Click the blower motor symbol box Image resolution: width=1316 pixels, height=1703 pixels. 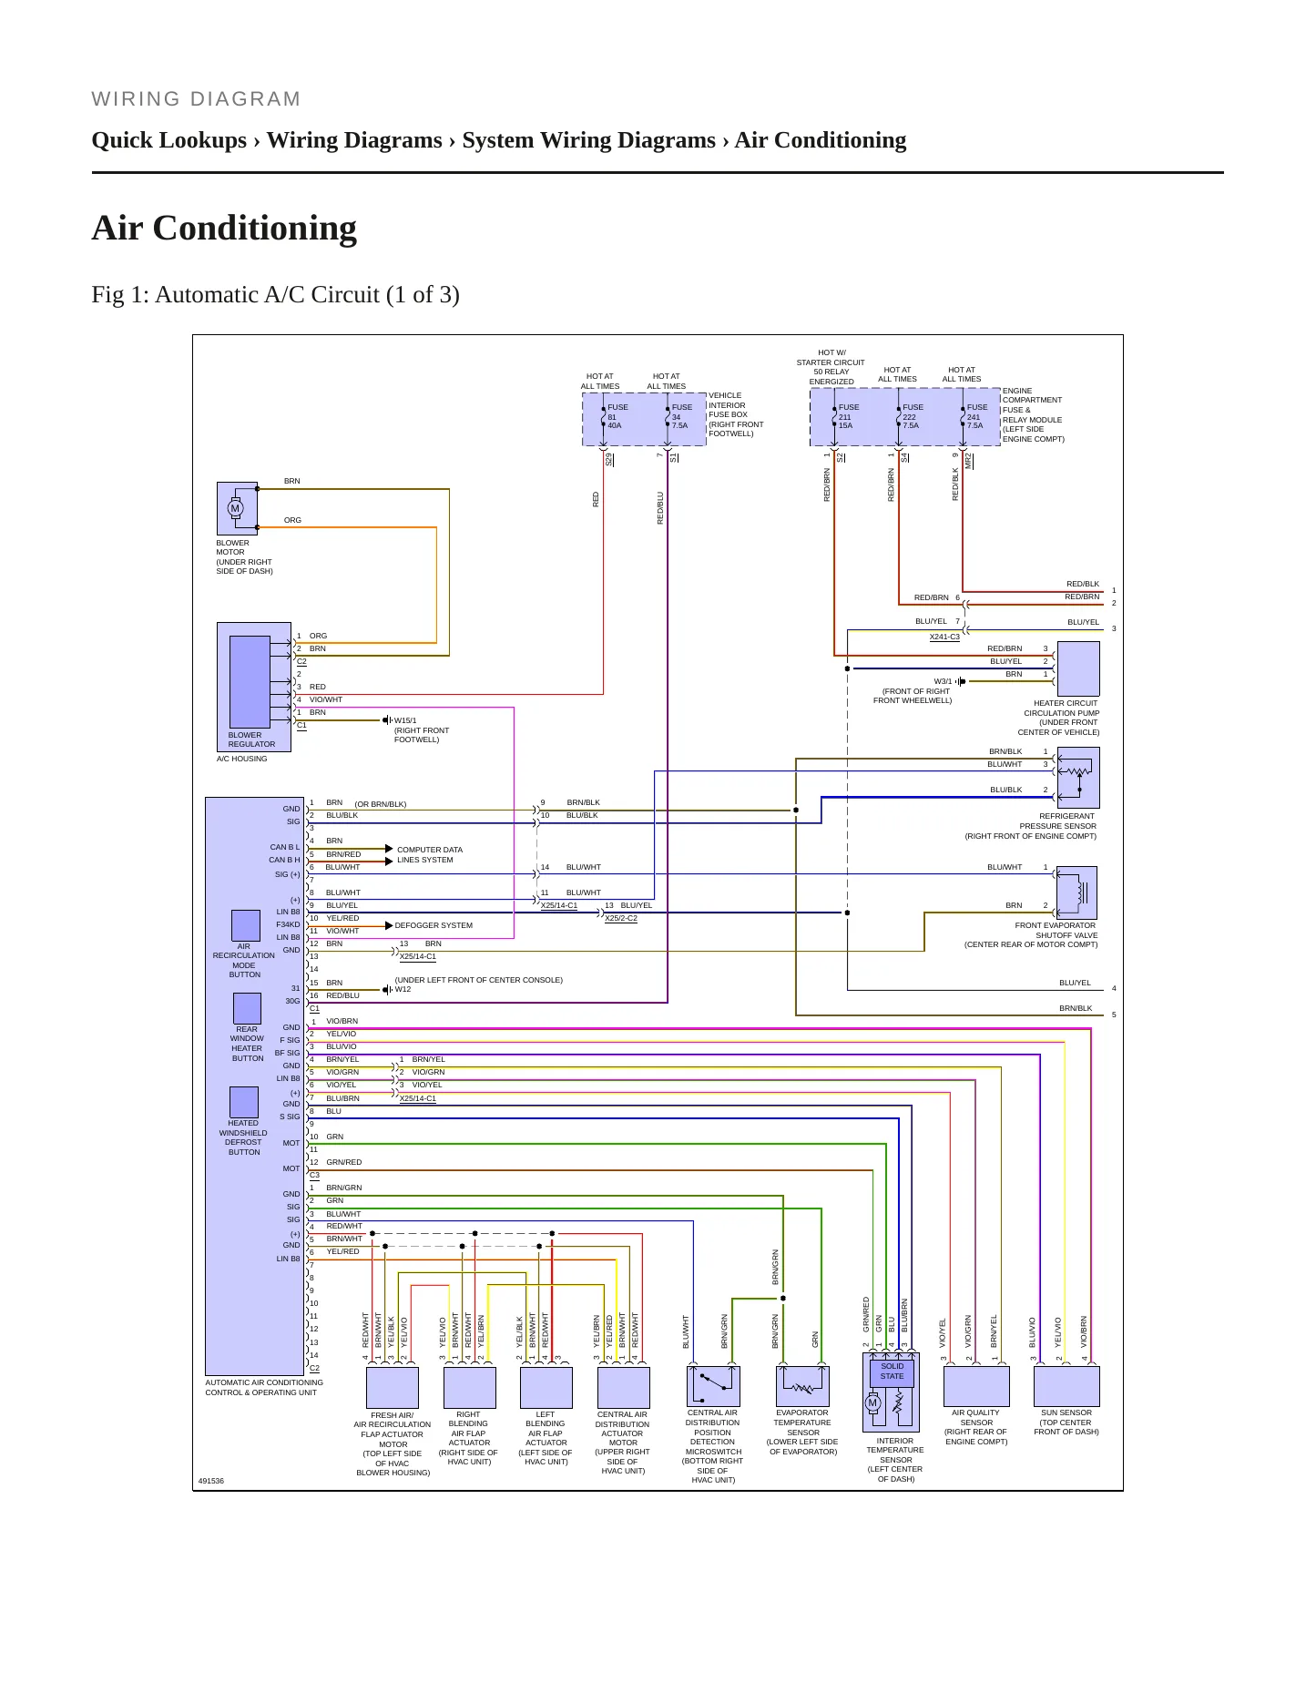[237, 508]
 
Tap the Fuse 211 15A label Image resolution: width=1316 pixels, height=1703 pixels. [849, 416]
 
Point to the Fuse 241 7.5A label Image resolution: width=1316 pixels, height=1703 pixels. [976, 416]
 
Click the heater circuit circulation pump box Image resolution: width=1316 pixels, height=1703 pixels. [1078, 668]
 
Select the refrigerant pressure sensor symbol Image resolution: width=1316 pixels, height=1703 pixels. [1077, 777]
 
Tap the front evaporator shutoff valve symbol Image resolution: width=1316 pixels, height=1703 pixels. [1076, 892]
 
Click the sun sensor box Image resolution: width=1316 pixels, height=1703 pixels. [1066, 1386]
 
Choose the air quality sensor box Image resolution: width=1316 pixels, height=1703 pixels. [976, 1386]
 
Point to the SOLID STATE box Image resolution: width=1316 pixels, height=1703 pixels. [892, 1372]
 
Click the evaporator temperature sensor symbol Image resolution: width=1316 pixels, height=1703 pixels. [802, 1386]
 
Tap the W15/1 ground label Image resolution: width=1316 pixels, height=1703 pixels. [405, 720]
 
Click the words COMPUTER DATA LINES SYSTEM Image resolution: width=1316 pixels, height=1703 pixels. [429, 854]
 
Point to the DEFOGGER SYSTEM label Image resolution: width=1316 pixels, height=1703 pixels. [434, 925]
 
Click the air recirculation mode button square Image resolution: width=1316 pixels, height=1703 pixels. [246, 925]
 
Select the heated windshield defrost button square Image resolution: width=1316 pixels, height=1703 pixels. [244, 1102]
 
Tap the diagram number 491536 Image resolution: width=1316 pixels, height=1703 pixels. [211, 1481]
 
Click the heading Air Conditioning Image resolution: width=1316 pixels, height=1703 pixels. [224, 228]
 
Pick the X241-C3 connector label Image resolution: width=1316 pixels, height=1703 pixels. [944, 637]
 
